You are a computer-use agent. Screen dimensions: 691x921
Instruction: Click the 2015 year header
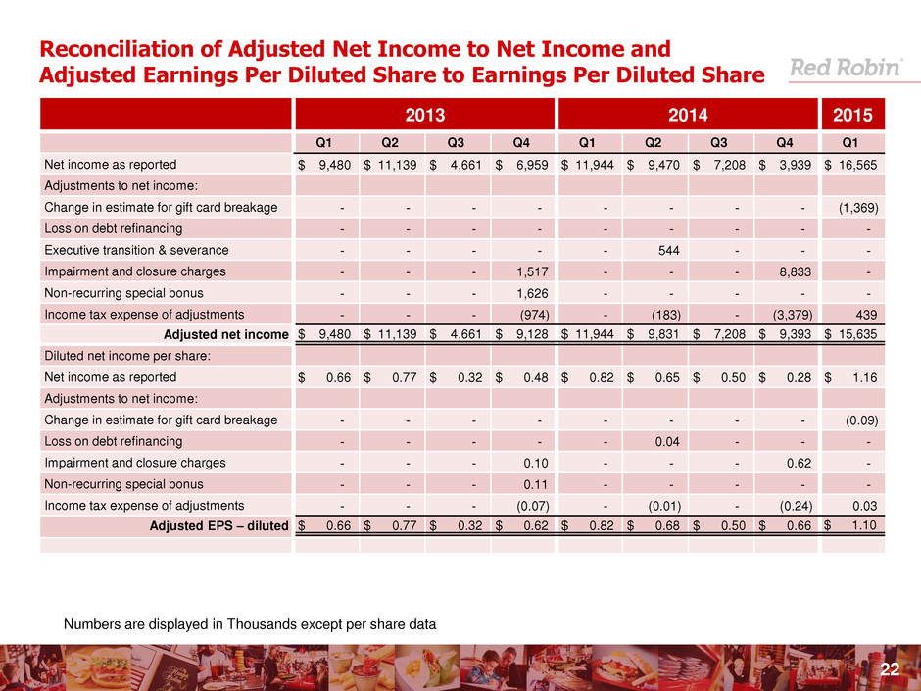pyautogui.click(x=853, y=114)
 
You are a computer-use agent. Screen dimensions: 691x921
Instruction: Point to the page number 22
pyautogui.click(x=890, y=669)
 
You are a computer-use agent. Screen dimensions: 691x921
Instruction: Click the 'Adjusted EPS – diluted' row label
pyautogui.click(x=217, y=526)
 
